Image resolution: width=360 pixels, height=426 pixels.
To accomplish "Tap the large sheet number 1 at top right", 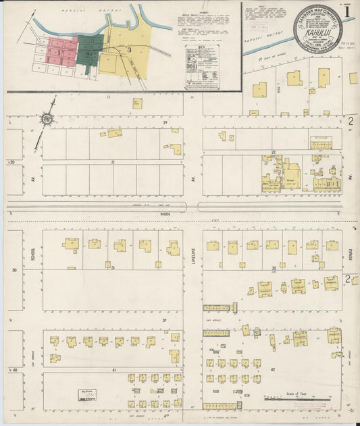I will [x=347, y=13].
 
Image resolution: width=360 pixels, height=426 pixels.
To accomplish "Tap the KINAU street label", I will [x=352, y=253].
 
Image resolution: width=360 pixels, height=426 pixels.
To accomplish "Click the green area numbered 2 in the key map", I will [x=88, y=52].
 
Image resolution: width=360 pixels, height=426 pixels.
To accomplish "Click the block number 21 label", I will [x=113, y=163].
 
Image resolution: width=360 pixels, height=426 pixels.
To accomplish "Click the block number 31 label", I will [x=113, y=268].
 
